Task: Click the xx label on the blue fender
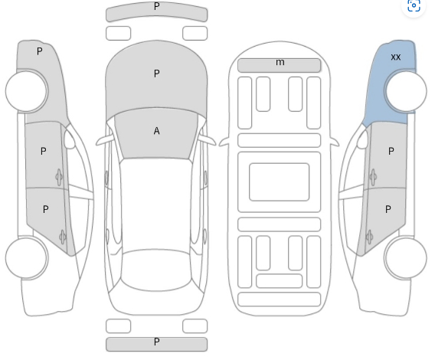(x=396, y=57)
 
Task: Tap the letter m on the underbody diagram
(x=280, y=62)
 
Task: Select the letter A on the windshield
(x=156, y=131)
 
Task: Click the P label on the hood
(x=157, y=74)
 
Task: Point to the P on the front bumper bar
(x=157, y=6)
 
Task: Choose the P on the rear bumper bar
(x=157, y=342)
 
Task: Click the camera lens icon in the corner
(x=414, y=5)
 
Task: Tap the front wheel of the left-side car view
(x=26, y=90)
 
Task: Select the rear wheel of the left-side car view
(x=26, y=257)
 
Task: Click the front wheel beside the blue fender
(x=406, y=90)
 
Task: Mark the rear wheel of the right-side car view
(x=406, y=257)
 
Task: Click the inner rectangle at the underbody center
(x=279, y=182)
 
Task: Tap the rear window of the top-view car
(x=156, y=270)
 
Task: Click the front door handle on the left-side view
(x=59, y=177)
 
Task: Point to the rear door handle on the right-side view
(x=370, y=237)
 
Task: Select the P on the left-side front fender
(x=40, y=51)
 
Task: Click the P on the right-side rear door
(x=388, y=209)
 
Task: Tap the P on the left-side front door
(x=44, y=151)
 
